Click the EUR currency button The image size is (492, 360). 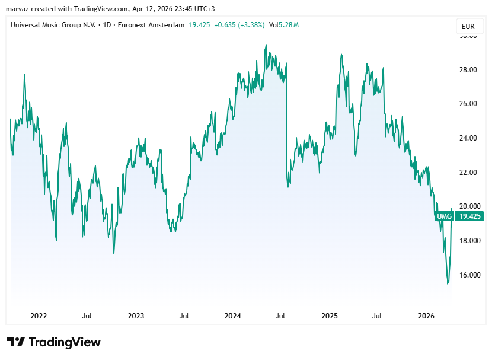[468, 26]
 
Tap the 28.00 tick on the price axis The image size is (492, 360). [468, 69]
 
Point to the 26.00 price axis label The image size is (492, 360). [468, 104]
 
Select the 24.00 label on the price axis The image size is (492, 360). [468, 138]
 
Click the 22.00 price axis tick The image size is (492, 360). [468, 173]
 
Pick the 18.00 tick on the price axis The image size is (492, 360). [468, 241]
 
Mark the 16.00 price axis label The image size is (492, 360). [468, 275]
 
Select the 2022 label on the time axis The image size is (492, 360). [39, 316]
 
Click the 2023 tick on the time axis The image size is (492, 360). [136, 316]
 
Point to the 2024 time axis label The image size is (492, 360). [233, 316]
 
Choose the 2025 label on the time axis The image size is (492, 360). [330, 316]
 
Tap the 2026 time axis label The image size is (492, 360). [427, 316]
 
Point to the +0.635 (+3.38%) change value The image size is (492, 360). [239, 25]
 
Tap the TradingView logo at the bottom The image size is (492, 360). [54, 342]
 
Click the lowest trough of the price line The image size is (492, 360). [448, 283]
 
